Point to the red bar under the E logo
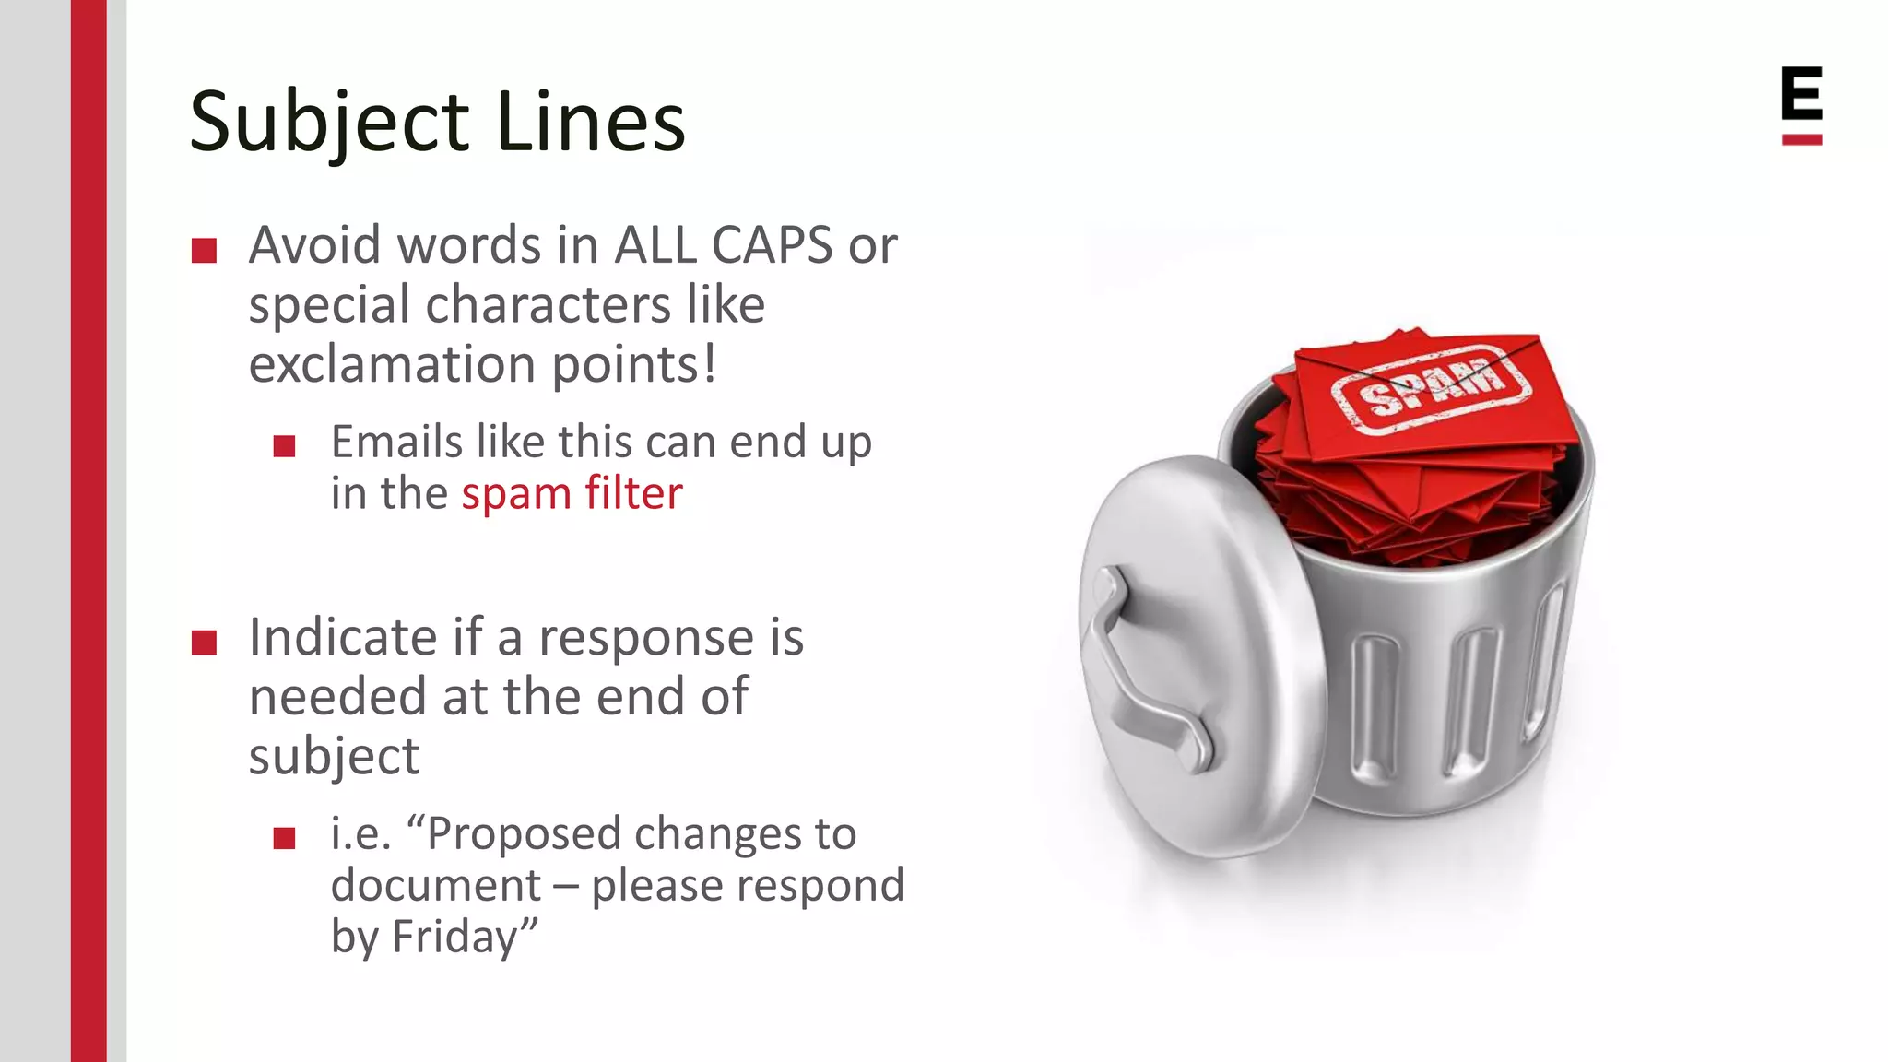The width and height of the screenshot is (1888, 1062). pos(1801,140)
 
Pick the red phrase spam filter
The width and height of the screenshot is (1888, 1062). pos(572,493)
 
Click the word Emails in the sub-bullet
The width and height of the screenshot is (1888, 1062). pos(396,442)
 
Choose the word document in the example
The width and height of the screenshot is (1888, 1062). pos(435,885)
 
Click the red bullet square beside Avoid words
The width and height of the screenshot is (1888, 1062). pos(204,251)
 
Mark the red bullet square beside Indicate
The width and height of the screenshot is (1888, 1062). pos(204,643)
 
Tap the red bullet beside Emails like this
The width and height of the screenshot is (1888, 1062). pos(284,447)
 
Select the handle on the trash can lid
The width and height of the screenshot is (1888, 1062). pos(1143,673)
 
